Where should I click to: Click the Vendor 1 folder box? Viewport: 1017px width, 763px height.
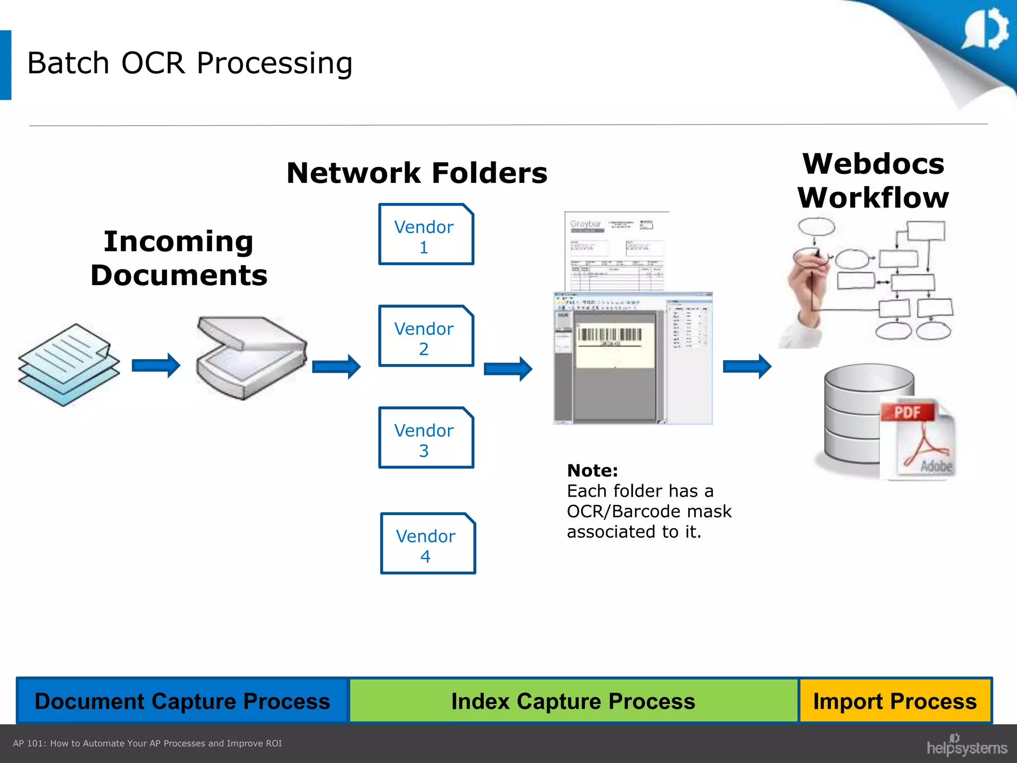[x=426, y=234]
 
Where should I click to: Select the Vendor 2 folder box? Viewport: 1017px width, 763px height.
[x=426, y=336]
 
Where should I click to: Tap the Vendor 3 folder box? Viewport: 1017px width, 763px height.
[x=426, y=438]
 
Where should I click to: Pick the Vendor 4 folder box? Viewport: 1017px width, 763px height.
[x=428, y=543]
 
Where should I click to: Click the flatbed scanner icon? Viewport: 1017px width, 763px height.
[x=251, y=358]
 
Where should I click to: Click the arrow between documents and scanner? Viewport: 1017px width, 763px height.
[x=155, y=366]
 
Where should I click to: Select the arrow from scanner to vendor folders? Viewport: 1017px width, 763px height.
[x=336, y=367]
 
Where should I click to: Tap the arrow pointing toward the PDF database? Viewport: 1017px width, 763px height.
[x=746, y=367]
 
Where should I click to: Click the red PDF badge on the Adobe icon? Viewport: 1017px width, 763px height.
[x=907, y=412]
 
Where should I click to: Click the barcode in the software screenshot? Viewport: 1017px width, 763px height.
[x=610, y=335]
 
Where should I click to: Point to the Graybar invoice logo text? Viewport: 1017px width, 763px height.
[x=585, y=224]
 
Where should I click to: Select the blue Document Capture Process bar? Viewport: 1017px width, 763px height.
[x=182, y=701]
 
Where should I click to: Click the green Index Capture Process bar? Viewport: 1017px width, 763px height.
[x=573, y=701]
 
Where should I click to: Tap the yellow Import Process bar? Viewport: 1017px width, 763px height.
[x=894, y=701]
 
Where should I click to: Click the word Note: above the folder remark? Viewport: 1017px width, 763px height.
[x=592, y=470]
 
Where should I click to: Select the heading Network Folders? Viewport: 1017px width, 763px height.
[x=417, y=173]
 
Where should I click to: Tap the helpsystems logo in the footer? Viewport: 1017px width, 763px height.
[x=966, y=746]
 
